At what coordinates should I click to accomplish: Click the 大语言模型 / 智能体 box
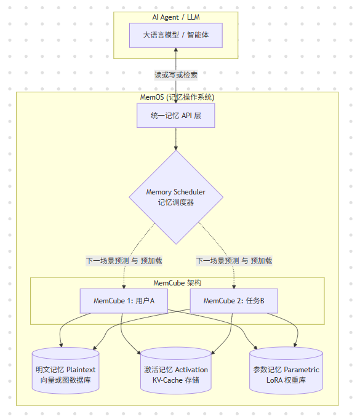coord(175,35)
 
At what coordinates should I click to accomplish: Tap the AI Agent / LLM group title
coord(176,17)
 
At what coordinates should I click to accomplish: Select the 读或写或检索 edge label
coord(176,74)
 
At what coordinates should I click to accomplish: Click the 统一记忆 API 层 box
coord(176,115)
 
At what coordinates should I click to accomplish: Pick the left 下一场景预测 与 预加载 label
coord(124,260)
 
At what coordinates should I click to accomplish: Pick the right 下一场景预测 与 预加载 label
coord(234,260)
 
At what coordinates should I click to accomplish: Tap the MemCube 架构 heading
coord(177,283)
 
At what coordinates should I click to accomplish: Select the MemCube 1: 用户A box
coord(124,301)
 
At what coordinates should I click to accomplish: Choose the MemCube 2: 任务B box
coord(234,301)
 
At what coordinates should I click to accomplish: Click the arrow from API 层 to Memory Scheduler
coord(176,138)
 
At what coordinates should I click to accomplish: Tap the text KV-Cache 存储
coord(176,381)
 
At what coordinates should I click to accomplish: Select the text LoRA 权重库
coord(286,381)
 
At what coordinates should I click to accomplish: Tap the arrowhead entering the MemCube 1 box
coord(124,286)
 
